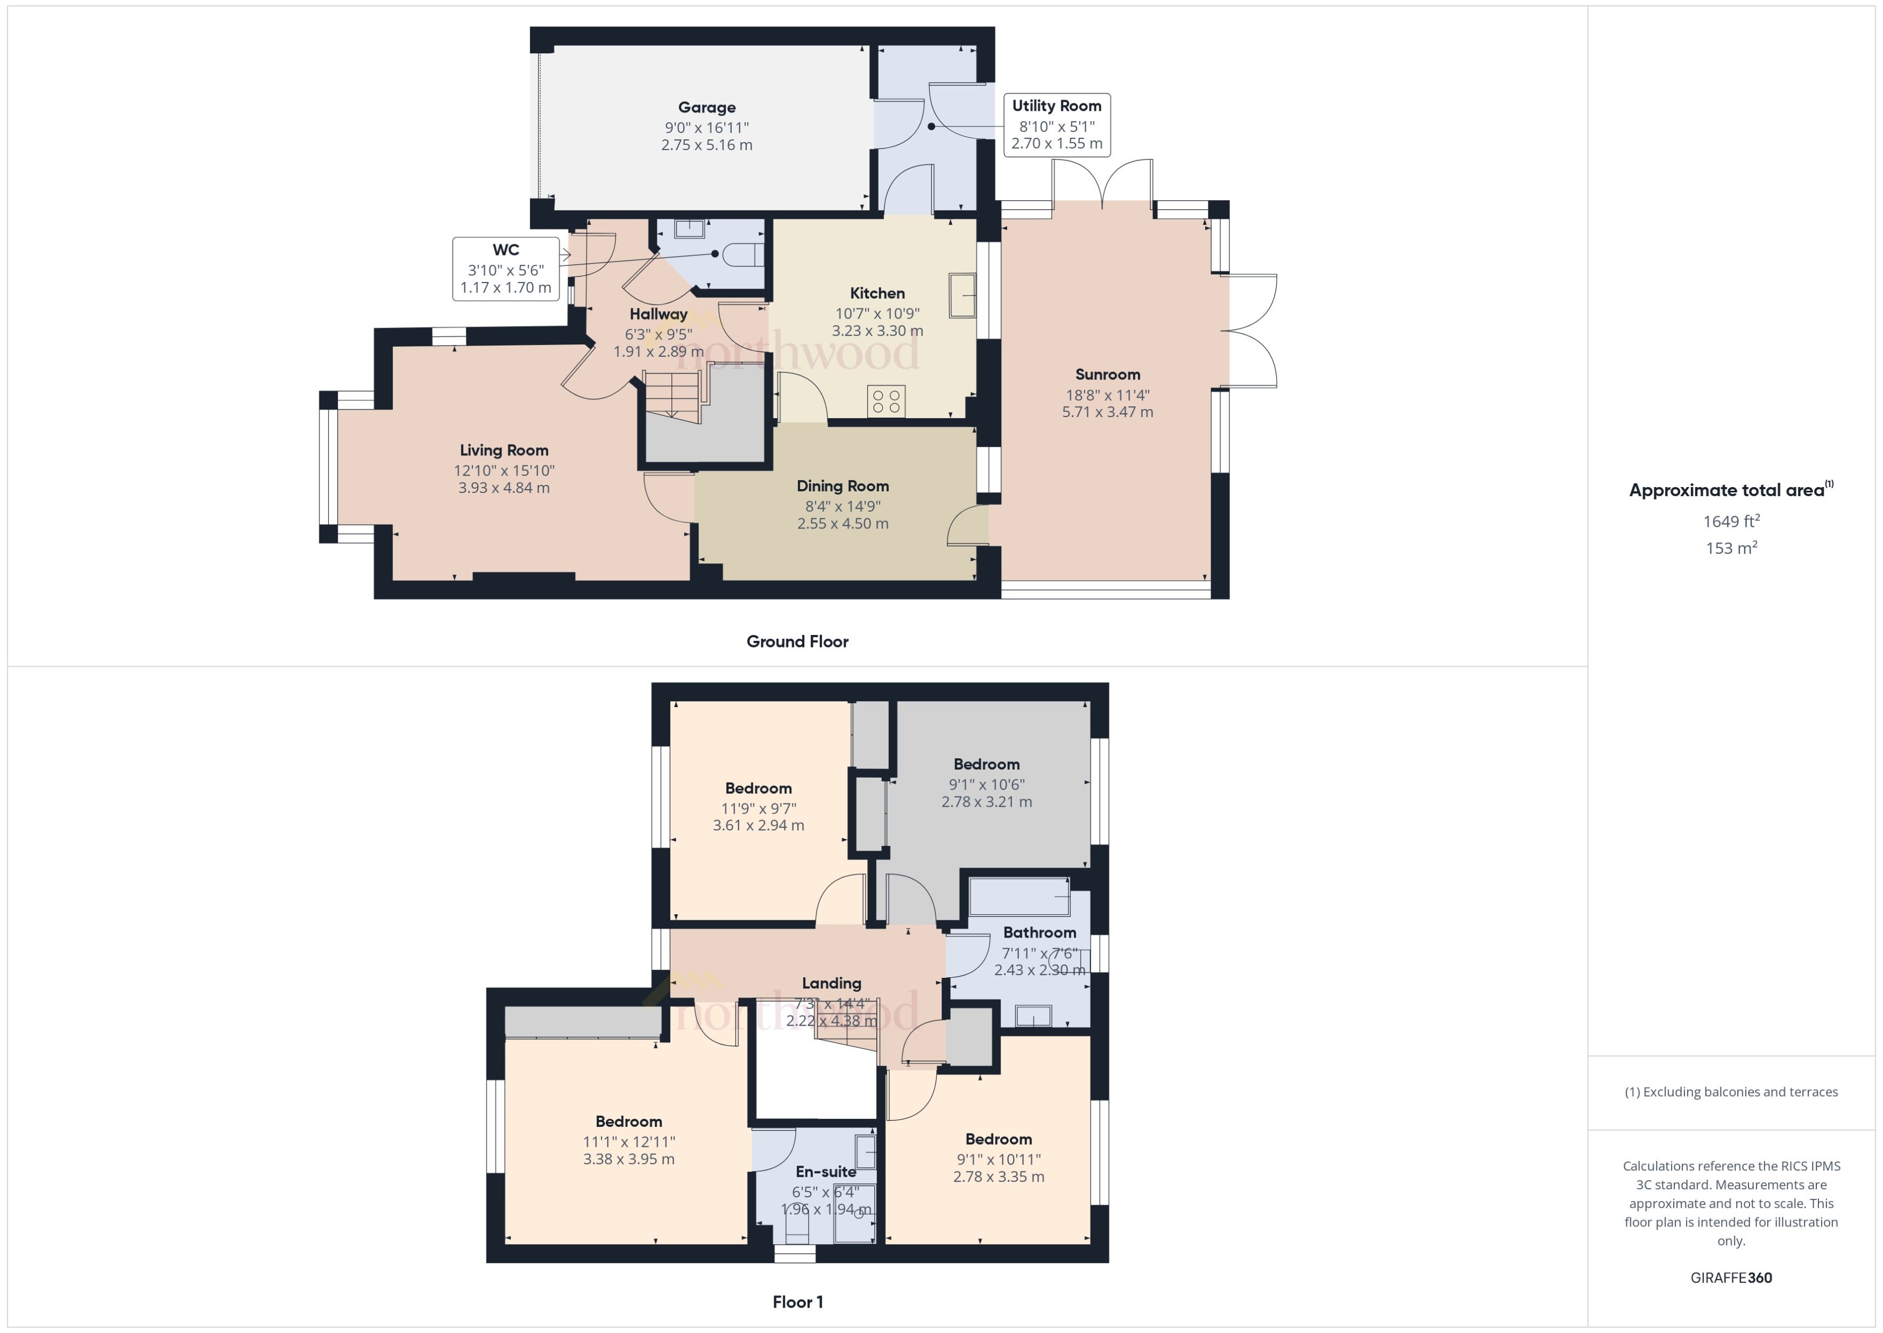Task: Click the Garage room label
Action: point(706,108)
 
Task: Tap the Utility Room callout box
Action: point(1056,125)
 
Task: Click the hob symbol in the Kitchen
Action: point(886,401)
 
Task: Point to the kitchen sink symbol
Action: point(961,295)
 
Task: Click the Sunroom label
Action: point(1107,375)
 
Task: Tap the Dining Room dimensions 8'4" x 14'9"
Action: point(843,506)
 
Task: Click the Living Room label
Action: point(504,450)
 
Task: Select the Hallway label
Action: point(658,314)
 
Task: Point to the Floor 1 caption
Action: point(797,1302)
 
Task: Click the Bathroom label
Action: point(1039,933)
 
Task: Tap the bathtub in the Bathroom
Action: point(1019,897)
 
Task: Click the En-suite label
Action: point(825,1172)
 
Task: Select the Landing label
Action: point(831,983)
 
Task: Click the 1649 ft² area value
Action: point(1730,521)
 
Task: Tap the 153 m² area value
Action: point(1730,548)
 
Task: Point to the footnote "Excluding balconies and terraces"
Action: point(1730,1092)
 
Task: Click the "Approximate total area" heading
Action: point(1727,491)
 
